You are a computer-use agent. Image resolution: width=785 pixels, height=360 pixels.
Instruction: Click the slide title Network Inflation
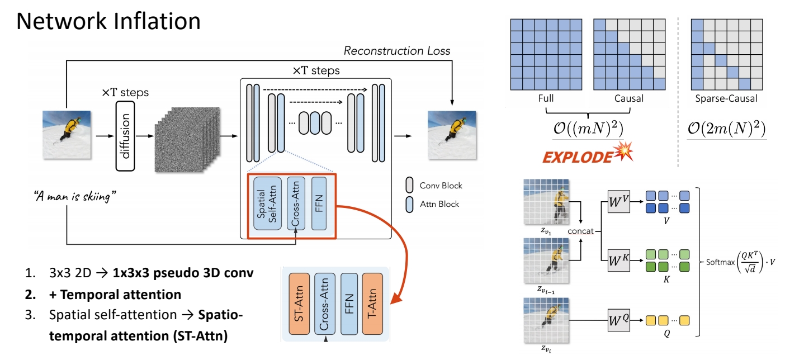109,21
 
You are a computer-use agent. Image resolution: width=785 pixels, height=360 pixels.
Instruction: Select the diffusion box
126,136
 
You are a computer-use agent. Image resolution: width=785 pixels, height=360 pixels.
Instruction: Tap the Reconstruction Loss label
397,51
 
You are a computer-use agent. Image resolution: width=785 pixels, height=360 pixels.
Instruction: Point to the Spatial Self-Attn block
266,203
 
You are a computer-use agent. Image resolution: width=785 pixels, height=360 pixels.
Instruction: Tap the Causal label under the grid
629,98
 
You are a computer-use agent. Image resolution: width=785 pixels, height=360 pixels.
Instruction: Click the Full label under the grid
545,98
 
